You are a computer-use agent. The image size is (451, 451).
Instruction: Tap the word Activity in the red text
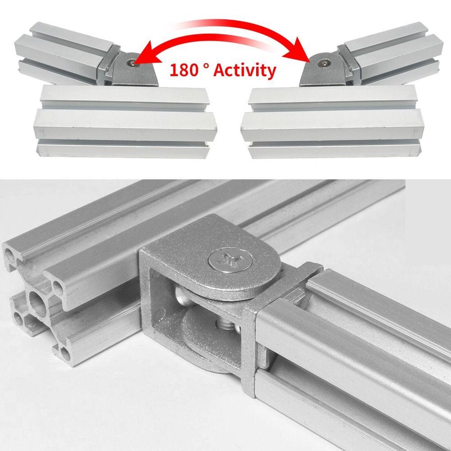click(x=244, y=71)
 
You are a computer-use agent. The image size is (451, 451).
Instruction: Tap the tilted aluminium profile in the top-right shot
click(x=392, y=54)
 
